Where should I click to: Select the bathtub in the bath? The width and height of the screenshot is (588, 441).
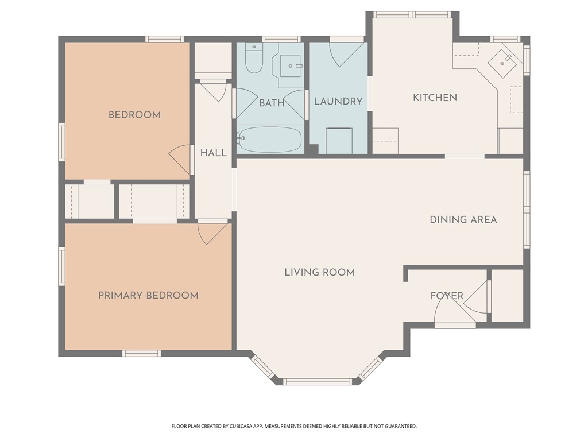click(x=270, y=139)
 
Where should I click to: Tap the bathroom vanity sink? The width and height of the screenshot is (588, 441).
click(x=290, y=66)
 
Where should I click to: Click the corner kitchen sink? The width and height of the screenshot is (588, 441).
click(x=502, y=63)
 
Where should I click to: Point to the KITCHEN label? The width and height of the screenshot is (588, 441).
click(x=435, y=98)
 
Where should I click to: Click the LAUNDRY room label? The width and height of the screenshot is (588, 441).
click(x=338, y=101)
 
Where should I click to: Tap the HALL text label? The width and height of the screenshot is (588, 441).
click(x=214, y=153)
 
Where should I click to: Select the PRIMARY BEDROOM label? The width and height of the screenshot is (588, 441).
click(x=149, y=296)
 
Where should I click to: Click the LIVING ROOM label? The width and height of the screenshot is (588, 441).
click(x=319, y=272)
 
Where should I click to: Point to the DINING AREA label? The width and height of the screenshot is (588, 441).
click(x=463, y=220)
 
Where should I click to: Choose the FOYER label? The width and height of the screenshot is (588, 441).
click(x=447, y=296)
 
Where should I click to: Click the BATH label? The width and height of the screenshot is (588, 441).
click(x=272, y=103)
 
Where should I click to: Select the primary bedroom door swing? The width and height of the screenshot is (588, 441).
click(x=212, y=233)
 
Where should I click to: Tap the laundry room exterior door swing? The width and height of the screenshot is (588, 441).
click(x=346, y=55)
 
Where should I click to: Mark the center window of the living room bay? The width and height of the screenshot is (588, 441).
click(x=317, y=382)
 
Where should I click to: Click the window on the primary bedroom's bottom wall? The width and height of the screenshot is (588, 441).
click(x=141, y=353)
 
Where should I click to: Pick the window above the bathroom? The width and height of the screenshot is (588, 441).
click(x=281, y=39)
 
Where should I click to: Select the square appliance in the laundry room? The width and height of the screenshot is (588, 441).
click(x=339, y=141)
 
